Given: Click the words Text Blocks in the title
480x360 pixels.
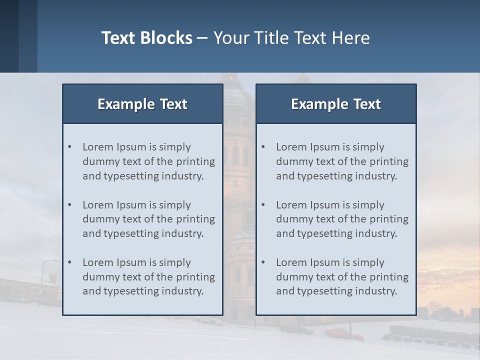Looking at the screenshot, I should (x=147, y=38).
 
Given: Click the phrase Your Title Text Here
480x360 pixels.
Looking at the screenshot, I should (x=291, y=38).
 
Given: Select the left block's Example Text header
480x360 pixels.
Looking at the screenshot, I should (x=142, y=104).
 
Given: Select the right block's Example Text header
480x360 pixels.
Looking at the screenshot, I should (x=336, y=104).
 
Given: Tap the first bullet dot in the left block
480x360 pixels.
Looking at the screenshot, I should (x=70, y=147).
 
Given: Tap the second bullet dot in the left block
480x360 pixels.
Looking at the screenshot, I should (x=70, y=205).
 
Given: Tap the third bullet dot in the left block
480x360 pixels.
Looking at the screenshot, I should (x=70, y=262).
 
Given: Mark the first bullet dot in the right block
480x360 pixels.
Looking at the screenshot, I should (x=263, y=147).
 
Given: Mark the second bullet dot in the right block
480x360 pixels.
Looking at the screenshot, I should (x=263, y=205).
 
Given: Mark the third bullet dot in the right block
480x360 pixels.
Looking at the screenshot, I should (x=263, y=262).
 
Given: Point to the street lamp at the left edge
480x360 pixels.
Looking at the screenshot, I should (x=44, y=280).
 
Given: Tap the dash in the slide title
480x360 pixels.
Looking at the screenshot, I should (x=202, y=38).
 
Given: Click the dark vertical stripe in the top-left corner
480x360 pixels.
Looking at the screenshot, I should (x=9, y=36).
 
